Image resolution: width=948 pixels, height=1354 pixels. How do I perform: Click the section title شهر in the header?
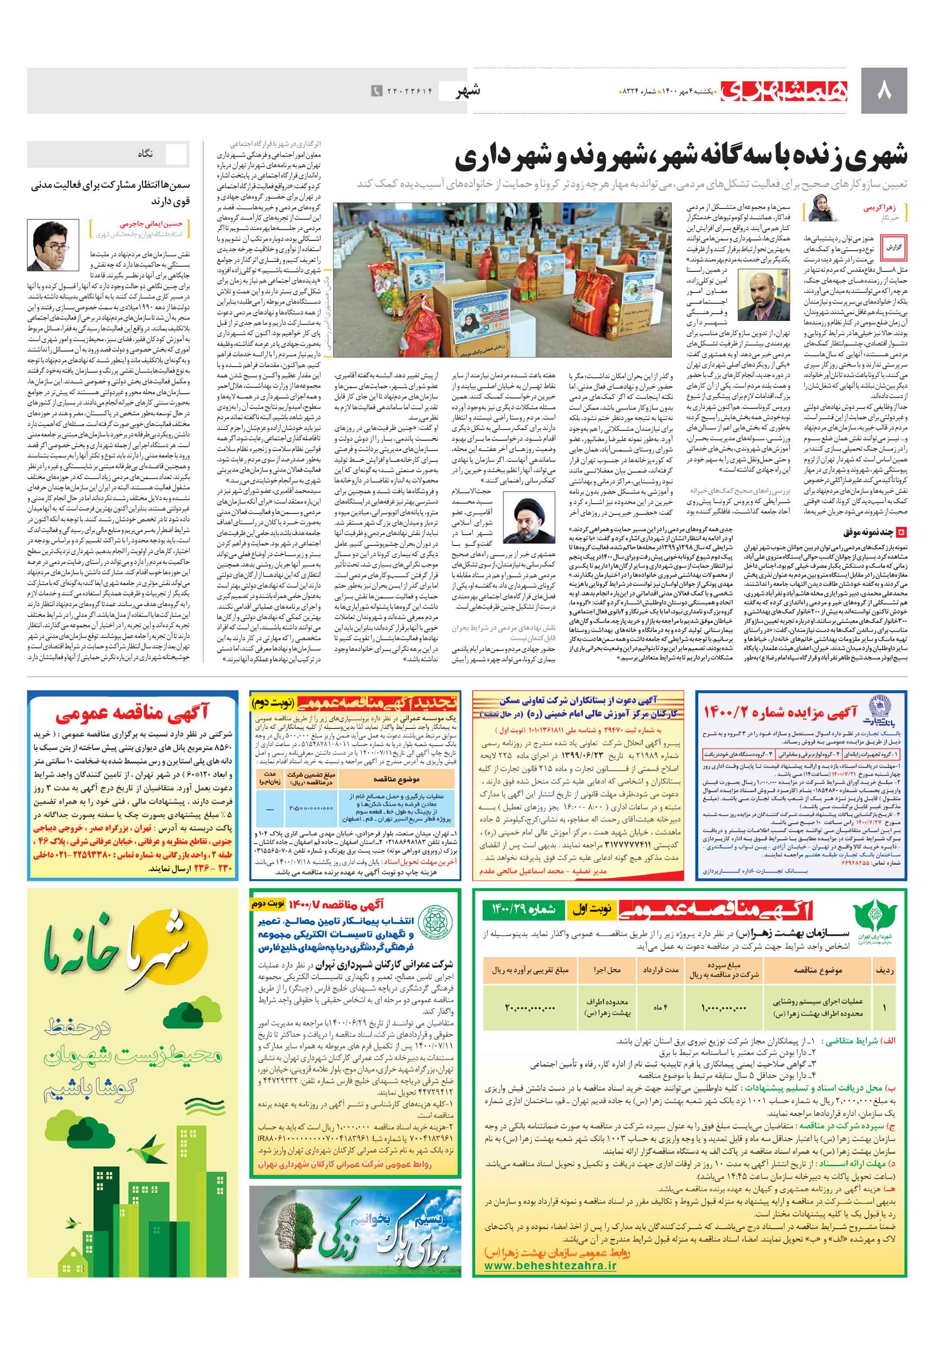pyautogui.click(x=468, y=91)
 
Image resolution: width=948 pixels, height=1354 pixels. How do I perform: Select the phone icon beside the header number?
pyautogui.click(x=376, y=91)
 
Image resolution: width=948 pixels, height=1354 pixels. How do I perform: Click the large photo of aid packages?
pyautogui.click(x=502, y=280)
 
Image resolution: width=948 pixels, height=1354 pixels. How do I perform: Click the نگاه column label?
pyautogui.click(x=145, y=154)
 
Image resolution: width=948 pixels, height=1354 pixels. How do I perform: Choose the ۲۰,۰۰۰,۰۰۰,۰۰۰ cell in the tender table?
pyautogui.click(x=530, y=1008)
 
